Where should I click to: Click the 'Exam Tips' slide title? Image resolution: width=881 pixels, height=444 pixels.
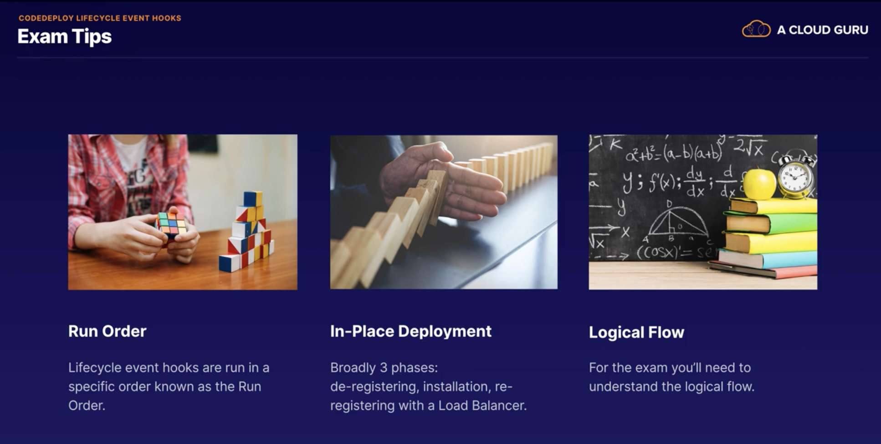click(x=64, y=36)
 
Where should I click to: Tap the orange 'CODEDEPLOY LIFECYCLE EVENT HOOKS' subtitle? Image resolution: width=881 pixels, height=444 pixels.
click(x=100, y=18)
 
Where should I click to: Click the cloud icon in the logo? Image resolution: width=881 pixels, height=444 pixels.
click(x=756, y=29)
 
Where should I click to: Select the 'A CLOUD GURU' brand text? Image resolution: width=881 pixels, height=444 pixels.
click(x=822, y=30)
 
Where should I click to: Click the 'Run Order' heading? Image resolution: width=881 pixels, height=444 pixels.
click(x=107, y=331)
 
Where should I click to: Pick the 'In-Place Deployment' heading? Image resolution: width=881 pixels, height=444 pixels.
click(x=410, y=331)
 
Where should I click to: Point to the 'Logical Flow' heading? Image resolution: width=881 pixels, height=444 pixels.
click(x=636, y=332)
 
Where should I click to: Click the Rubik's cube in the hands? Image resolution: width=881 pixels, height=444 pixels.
click(x=171, y=224)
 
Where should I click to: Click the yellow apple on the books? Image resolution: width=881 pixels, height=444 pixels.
click(x=759, y=184)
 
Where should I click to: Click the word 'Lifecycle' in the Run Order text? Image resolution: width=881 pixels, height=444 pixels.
click(x=95, y=368)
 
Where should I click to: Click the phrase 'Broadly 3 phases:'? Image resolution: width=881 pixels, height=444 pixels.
click(x=384, y=368)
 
